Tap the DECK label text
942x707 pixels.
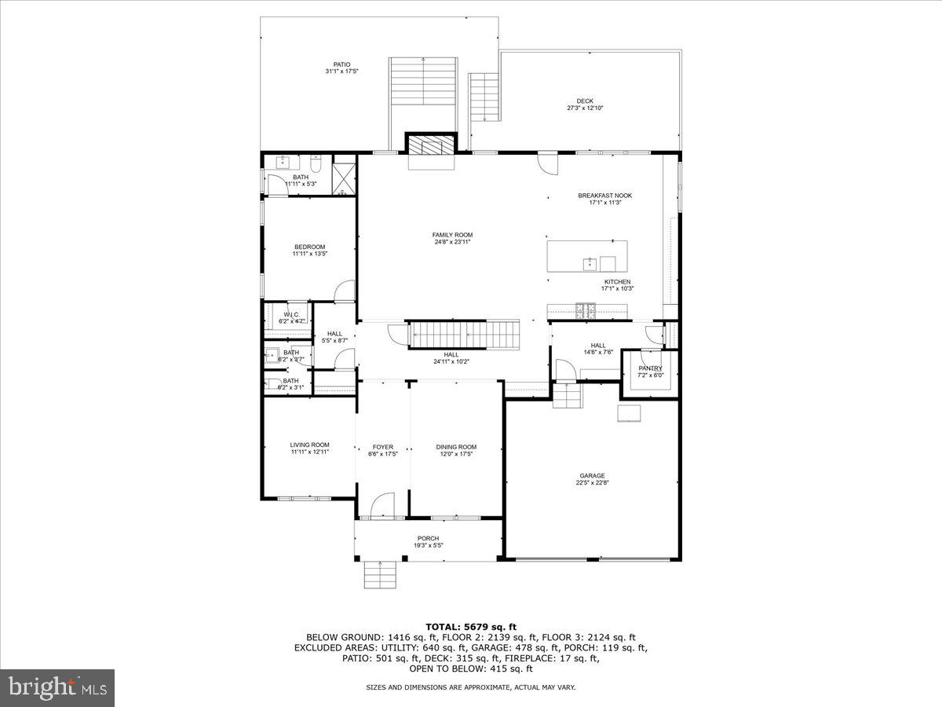click(585, 101)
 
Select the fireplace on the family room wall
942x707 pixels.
click(430, 146)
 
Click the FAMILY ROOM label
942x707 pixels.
click(452, 235)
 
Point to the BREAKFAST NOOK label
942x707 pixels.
click(604, 196)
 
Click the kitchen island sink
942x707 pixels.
click(588, 263)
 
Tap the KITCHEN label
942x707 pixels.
click(617, 282)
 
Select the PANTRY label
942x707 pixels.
click(650, 368)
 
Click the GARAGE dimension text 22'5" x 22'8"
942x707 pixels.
click(592, 483)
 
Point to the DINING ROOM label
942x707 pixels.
click(456, 447)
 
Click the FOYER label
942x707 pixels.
click(383, 447)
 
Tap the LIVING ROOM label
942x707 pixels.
click(309, 445)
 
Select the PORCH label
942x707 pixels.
click(428, 538)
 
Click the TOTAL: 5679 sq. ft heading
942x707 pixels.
click(470, 626)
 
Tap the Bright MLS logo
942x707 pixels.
click(57, 688)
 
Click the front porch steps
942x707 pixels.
click(382, 574)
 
